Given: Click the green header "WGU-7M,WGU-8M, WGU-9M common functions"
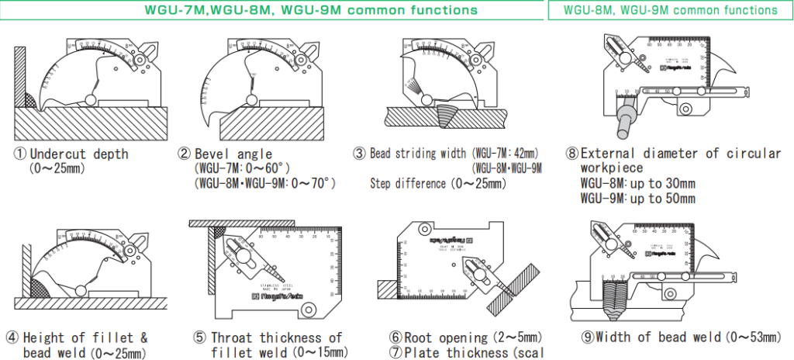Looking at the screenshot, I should coord(310,10).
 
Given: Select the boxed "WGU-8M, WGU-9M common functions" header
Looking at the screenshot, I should coord(670,10).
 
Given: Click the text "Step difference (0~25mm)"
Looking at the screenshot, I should coord(437,184).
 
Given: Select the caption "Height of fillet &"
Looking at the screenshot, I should coord(85,337).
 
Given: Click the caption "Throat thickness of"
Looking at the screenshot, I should coord(276,337).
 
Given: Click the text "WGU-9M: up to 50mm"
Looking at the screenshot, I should coord(637,198).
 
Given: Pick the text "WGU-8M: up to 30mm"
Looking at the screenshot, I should coord(637,184).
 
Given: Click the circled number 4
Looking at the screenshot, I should coord(12,337).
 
